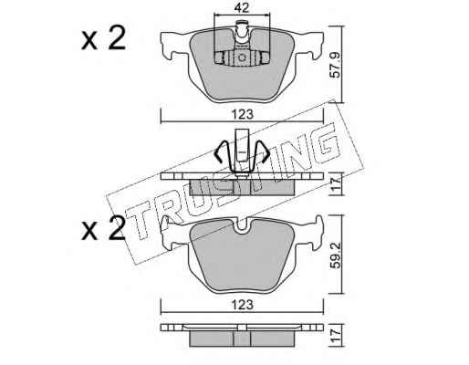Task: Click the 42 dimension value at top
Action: [x=242, y=8]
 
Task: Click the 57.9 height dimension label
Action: [x=336, y=65]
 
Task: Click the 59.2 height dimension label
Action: [x=336, y=255]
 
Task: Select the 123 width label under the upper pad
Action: [x=242, y=115]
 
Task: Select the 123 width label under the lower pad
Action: [x=242, y=305]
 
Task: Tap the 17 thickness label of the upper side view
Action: [x=336, y=184]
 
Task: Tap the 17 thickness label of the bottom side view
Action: [x=336, y=336]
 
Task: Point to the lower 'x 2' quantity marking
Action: [x=103, y=228]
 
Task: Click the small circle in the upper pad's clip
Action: [x=242, y=57]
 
